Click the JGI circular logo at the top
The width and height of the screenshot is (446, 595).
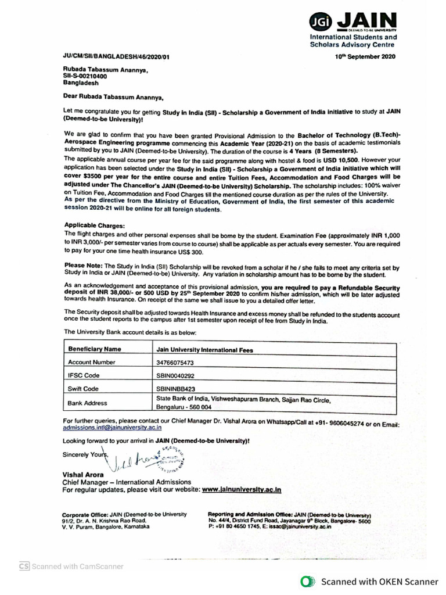coord(321,22)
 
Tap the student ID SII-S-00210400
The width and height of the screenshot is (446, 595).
coord(85,76)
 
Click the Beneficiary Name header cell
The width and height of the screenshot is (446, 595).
coord(95,349)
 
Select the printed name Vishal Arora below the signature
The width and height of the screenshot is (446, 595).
coord(82,474)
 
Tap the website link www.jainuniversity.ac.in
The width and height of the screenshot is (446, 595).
coord(242,489)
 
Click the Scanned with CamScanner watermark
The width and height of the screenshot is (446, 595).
coord(71,567)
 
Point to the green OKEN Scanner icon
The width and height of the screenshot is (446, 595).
coord(308,581)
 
